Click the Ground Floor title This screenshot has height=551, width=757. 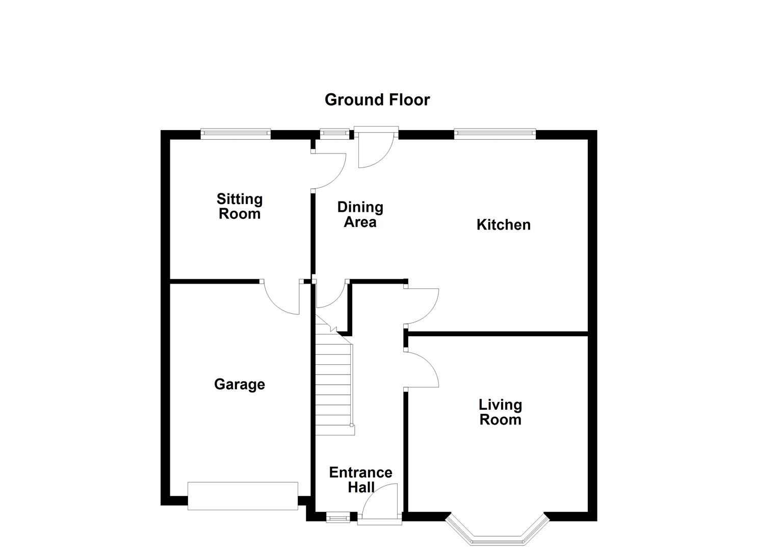tap(377, 99)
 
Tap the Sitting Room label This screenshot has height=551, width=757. tap(239, 206)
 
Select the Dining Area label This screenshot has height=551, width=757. tap(360, 214)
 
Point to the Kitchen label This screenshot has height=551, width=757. tap(503, 224)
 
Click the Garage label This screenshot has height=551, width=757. tap(239, 384)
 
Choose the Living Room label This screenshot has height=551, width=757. tap(500, 412)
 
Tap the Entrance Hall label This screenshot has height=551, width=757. tap(360, 480)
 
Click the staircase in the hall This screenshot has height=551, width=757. tap(333, 388)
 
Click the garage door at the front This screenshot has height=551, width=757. tap(243, 495)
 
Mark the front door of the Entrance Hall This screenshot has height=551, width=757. tap(380, 505)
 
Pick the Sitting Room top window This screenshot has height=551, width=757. tap(235, 134)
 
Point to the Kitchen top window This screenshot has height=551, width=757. tap(495, 134)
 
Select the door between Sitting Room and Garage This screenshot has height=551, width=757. tap(282, 297)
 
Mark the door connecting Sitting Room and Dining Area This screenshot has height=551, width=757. tap(329, 171)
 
